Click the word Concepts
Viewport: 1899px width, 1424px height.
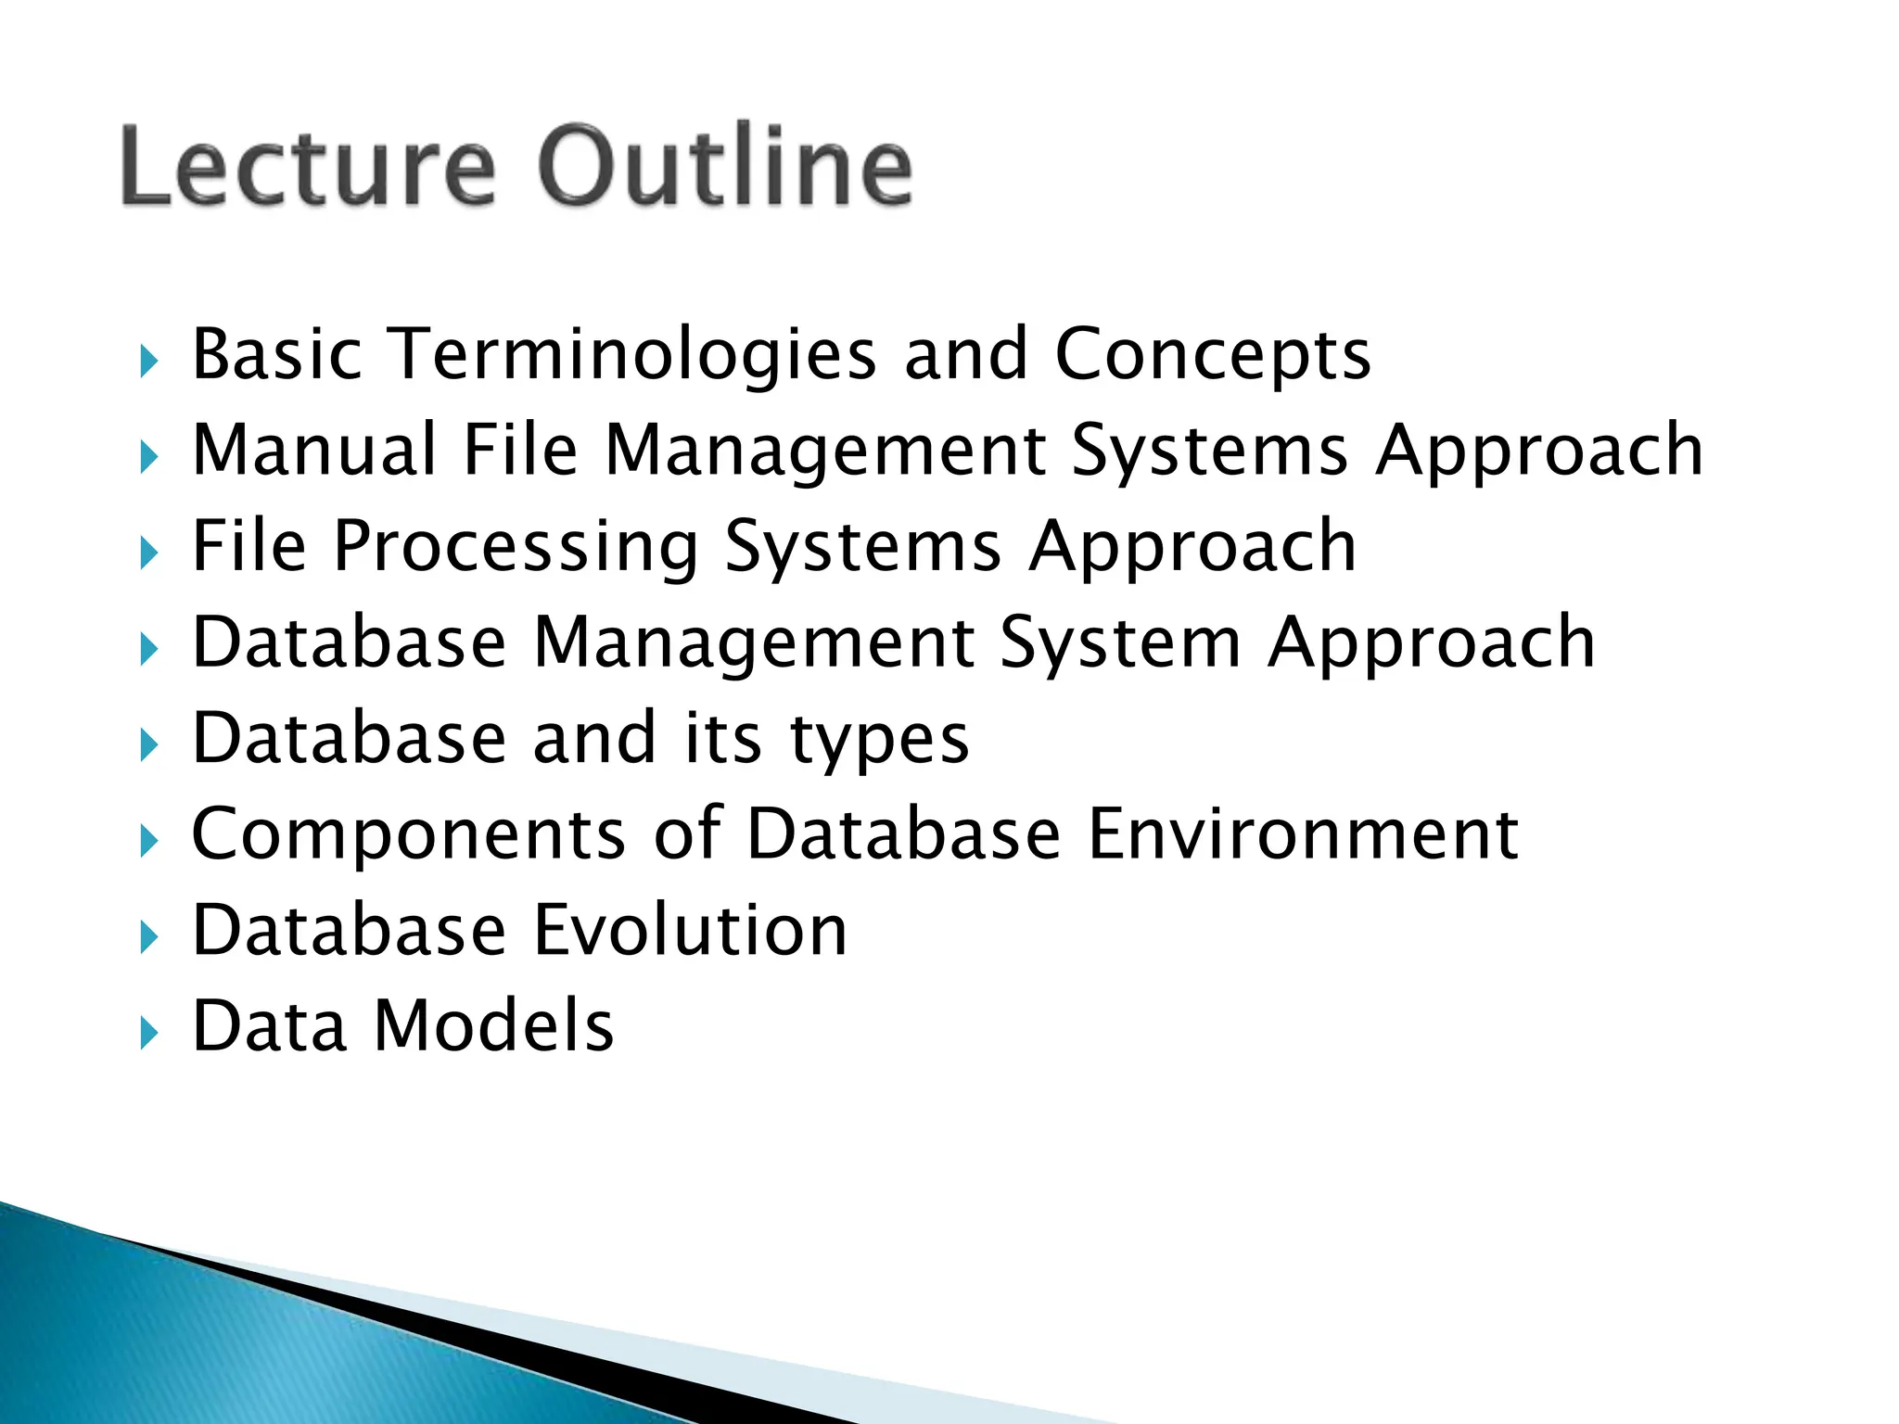click(x=1213, y=356)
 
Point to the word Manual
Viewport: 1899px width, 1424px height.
click(x=314, y=451)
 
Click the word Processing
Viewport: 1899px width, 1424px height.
click(x=516, y=548)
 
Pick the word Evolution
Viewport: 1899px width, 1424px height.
click(x=691, y=930)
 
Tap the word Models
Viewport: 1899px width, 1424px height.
click(x=493, y=1026)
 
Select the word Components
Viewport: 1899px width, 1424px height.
click(x=409, y=835)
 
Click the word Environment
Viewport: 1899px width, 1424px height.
click(x=1303, y=833)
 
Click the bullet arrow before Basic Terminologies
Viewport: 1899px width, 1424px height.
click(x=148, y=361)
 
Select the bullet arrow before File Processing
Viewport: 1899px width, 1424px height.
click(x=148, y=553)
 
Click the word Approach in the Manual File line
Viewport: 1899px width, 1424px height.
click(x=1539, y=451)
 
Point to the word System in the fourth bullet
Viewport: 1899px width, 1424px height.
click(x=1120, y=643)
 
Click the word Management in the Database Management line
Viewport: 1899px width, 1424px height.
click(x=753, y=643)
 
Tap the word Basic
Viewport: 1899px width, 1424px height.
click(x=276, y=354)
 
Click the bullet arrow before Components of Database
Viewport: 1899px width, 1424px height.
click(x=148, y=841)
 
